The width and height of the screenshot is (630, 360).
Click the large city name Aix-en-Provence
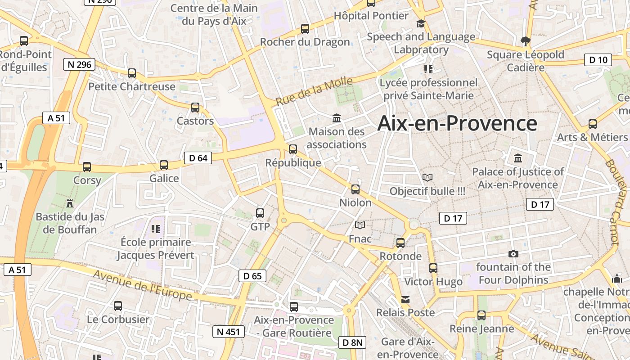click(x=457, y=123)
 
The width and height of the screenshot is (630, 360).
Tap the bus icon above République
click(x=293, y=149)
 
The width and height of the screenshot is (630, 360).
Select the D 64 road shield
click(x=198, y=158)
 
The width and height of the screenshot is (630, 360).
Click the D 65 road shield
click(x=252, y=276)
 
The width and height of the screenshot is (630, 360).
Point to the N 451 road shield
click(x=228, y=332)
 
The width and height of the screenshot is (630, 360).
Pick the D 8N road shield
click(x=352, y=342)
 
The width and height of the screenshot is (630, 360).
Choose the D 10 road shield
click(x=598, y=59)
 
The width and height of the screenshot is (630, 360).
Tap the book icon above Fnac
click(x=360, y=225)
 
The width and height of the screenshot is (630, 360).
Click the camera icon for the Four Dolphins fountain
click(x=513, y=254)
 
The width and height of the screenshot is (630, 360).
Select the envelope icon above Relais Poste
click(x=405, y=300)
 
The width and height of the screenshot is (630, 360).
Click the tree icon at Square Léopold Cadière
click(x=525, y=41)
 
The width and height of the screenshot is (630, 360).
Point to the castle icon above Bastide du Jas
click(x=69, y=203)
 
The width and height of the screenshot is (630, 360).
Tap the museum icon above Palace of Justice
click(x=518, y=158)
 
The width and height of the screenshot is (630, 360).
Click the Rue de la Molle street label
click(x=314, y=91)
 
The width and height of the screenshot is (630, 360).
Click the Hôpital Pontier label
click(x=371, y=16)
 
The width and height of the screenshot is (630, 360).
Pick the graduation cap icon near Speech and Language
click(x=421, y=23)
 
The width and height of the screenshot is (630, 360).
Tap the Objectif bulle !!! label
click(x=427, y=191)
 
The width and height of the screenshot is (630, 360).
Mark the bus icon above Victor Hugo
click(x=433, y=268)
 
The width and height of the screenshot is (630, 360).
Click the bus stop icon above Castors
click(x=195, y=108)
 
